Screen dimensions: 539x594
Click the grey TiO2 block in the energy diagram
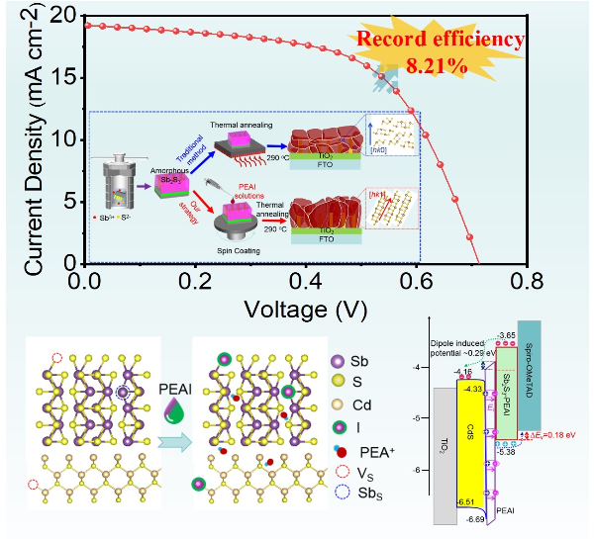point(445,450)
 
